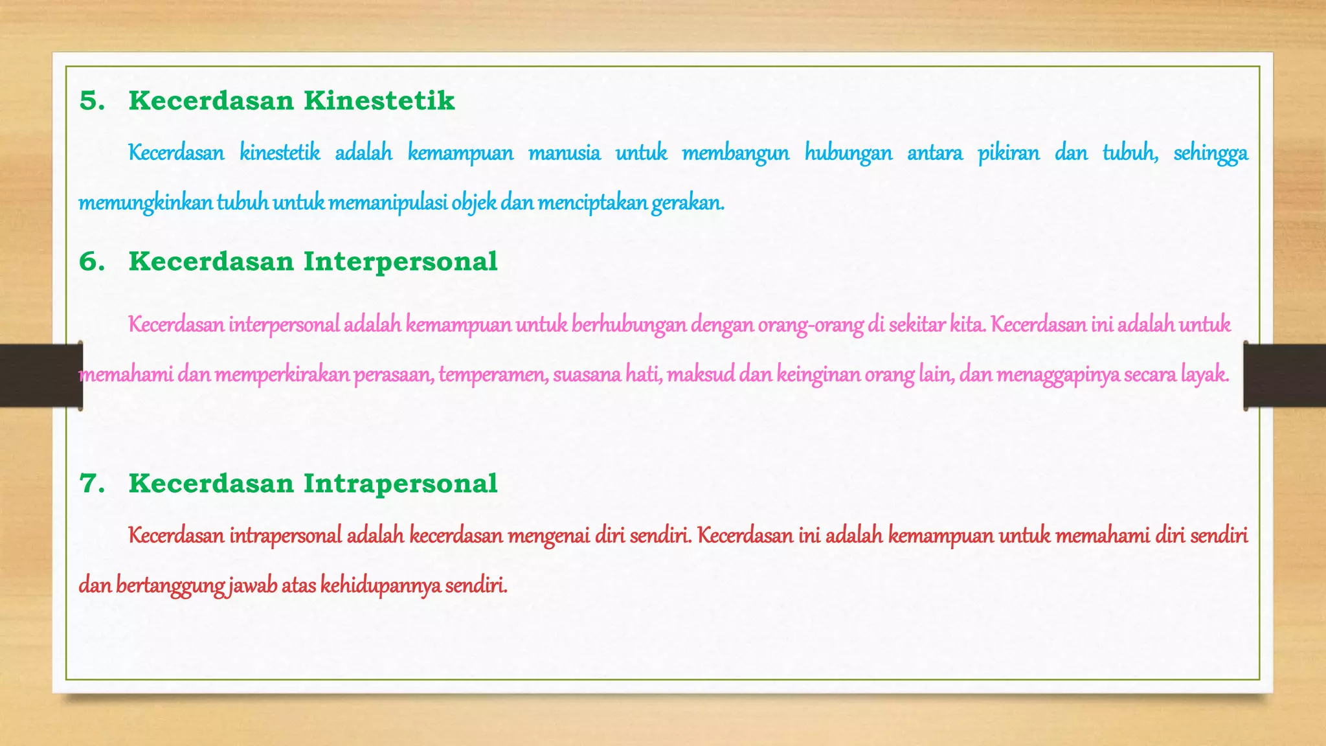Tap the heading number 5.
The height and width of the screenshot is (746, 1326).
(91, 101)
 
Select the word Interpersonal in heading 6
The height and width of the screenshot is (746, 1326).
(400, 262)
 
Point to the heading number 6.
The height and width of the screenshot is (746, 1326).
(91, 262)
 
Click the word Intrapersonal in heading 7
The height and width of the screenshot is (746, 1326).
(400, 484)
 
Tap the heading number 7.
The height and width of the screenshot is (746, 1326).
(91, 484)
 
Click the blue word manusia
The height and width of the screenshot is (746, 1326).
(564, 153)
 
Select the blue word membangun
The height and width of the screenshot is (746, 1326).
(736, 153)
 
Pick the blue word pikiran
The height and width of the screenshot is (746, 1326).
(1008, 153)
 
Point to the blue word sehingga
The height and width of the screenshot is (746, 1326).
(1210, 153)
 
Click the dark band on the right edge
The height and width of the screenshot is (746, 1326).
(1285, 376)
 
